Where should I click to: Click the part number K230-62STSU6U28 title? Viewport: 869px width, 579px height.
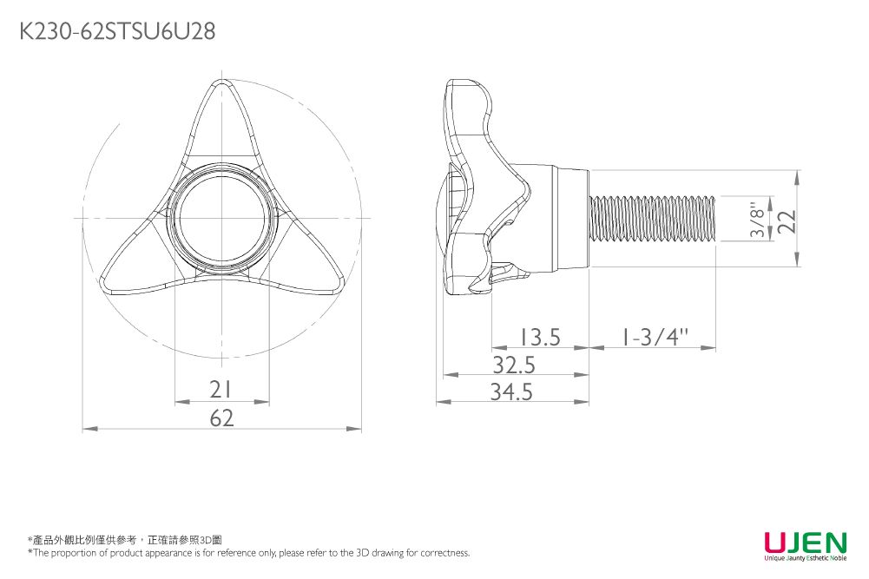(x=117, y=32)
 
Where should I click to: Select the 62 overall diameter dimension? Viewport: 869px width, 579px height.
(x=222, y=418)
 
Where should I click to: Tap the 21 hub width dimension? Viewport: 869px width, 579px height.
(x=222, y=391)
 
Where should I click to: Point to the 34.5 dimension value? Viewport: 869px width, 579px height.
(x=511, y=393)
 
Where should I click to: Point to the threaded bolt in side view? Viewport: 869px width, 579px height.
(x=651, y=219)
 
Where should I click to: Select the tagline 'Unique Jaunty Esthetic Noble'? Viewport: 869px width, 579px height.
(x=805, y=559)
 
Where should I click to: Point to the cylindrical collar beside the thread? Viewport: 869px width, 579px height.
(x=569, y=219)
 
